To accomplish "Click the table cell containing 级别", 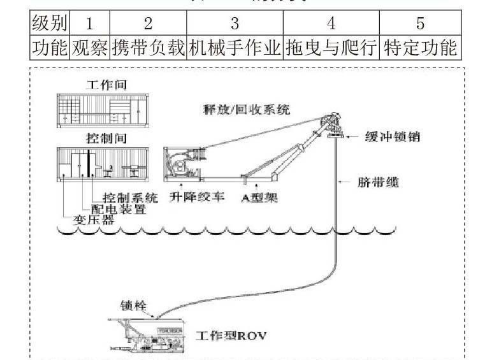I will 48,24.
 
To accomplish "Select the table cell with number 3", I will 235,24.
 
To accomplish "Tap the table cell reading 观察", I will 89,48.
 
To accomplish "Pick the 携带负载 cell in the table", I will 148,48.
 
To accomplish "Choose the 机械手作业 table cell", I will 235,48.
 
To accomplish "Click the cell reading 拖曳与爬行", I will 331,48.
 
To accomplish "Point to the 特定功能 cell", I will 420,48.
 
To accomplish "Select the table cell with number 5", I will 420,24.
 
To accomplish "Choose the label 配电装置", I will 122,209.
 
